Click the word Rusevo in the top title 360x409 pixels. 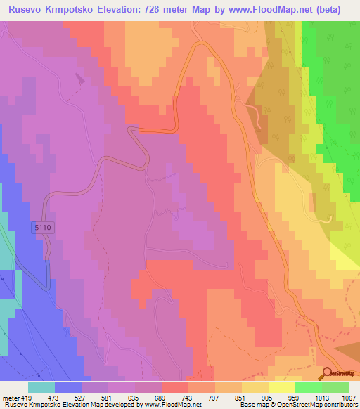pyautogui.click(x=27, y=9)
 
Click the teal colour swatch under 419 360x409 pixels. pyautogui.click(x=41, y=387)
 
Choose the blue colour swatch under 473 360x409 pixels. pyautogui.click(x=68, y=387)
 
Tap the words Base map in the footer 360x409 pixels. pyautogui.click(x=252, y=404)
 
